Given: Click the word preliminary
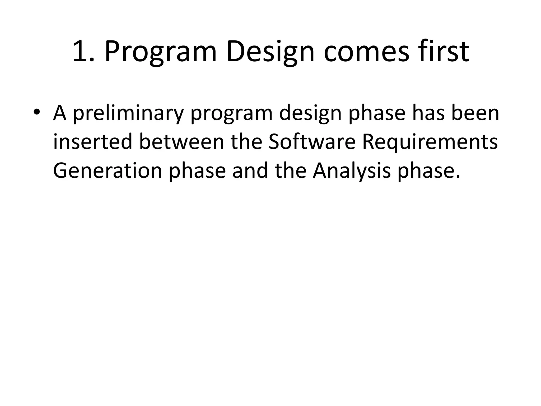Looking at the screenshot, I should (x=128, y=113).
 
